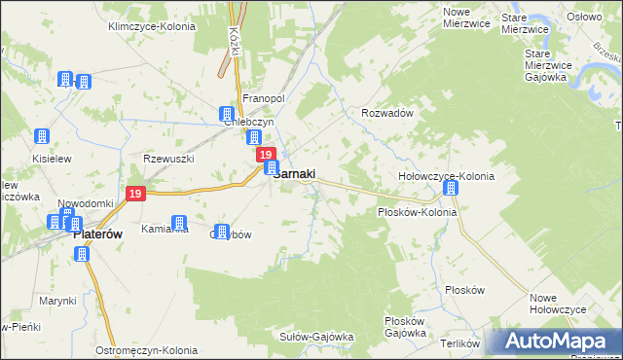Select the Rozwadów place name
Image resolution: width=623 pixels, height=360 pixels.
(388, 113)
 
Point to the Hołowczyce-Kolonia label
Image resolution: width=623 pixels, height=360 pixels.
(447, 176)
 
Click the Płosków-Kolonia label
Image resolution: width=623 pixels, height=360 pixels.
(417, 211)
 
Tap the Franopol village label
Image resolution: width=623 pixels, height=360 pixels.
(262, 98)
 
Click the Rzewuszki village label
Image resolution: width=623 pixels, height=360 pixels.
(169, 159)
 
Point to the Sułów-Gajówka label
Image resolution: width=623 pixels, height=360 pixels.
(315, 337)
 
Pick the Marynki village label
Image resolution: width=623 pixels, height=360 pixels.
(57, 301)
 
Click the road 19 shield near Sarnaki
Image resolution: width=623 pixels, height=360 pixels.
(264, 155)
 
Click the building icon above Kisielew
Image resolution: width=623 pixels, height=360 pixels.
(42, 137)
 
